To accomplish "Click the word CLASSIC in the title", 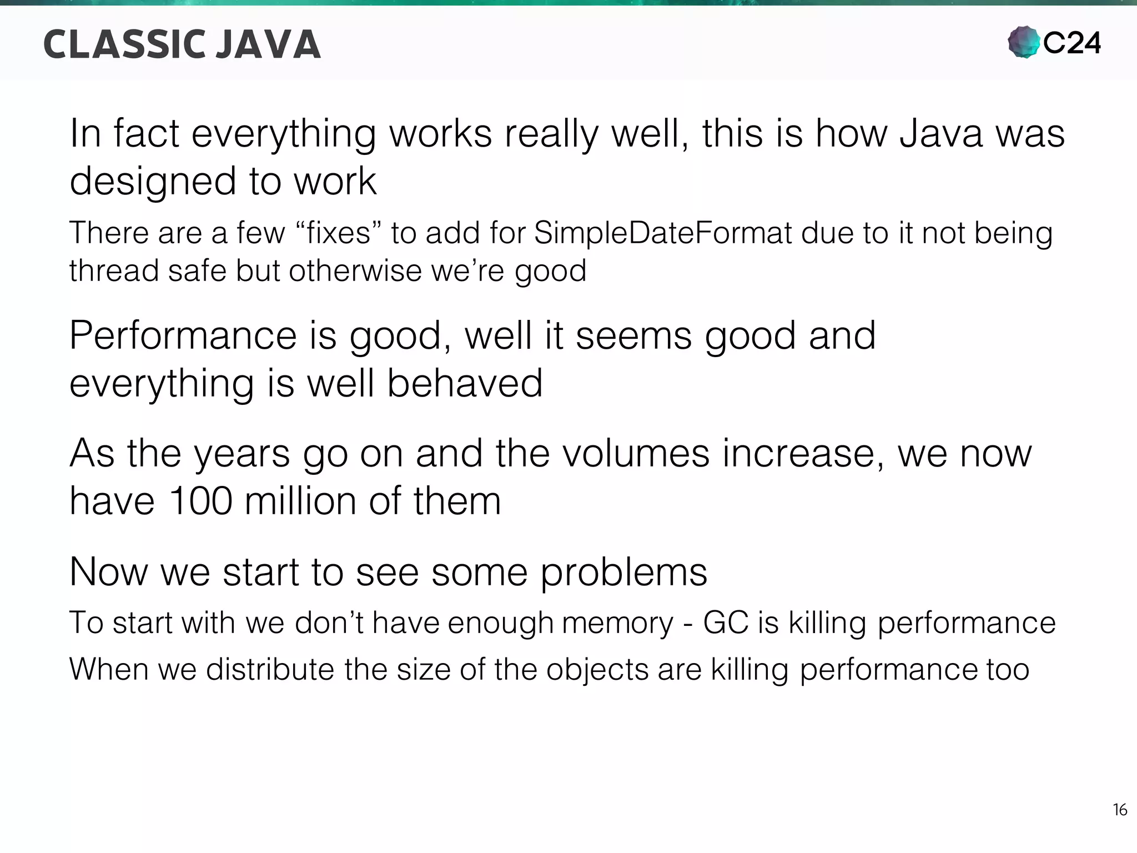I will click(122, 44).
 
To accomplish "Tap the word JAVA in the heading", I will click(268, 44).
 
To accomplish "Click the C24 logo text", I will click(1071, 43).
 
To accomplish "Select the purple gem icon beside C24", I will click(1023, 42).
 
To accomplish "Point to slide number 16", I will click(1120, 810).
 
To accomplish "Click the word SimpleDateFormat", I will click(663, 233).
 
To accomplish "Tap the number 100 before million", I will click(200, 500).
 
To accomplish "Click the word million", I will click(300, 500).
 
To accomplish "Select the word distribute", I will click(269, 669).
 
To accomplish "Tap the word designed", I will click(153, 182).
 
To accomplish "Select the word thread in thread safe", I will click(114, 270).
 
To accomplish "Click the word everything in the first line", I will click(283, 135).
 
